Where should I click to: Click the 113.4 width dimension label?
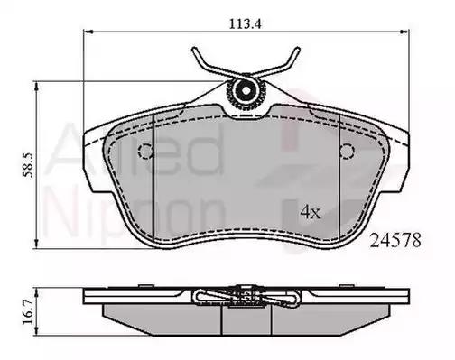(x=246, y=23)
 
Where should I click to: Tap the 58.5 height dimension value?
(x=29, y=165)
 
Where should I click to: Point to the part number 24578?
(x=395, y=240)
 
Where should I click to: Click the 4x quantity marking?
(x=311, y=212)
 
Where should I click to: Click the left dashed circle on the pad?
(x=146, y=151)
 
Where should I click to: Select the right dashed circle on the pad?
(x=347, y=151)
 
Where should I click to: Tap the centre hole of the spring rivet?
(x=246, y=90)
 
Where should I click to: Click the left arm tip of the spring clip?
(x=194, y=50)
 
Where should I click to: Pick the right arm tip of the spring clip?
(x=298, y=50)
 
